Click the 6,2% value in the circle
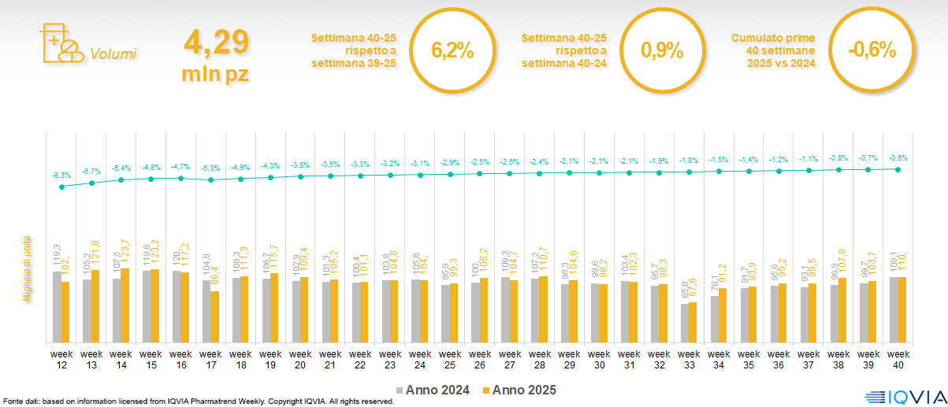point(452,50)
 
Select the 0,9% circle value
point(661,50)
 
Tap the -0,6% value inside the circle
point(872,50)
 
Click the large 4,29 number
point(217,43)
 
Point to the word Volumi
point(113,54)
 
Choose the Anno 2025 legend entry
point(521,390)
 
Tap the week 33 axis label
point(689,358)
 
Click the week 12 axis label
point(61,358)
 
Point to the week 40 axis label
point(898,358)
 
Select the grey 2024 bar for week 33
point(684,323)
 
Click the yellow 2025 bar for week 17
point(214,316)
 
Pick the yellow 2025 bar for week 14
point(125,305)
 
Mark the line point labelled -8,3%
point(61,187)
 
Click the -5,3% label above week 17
point(210,168)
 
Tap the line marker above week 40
point(898,169)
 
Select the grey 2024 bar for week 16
point(177,307)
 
